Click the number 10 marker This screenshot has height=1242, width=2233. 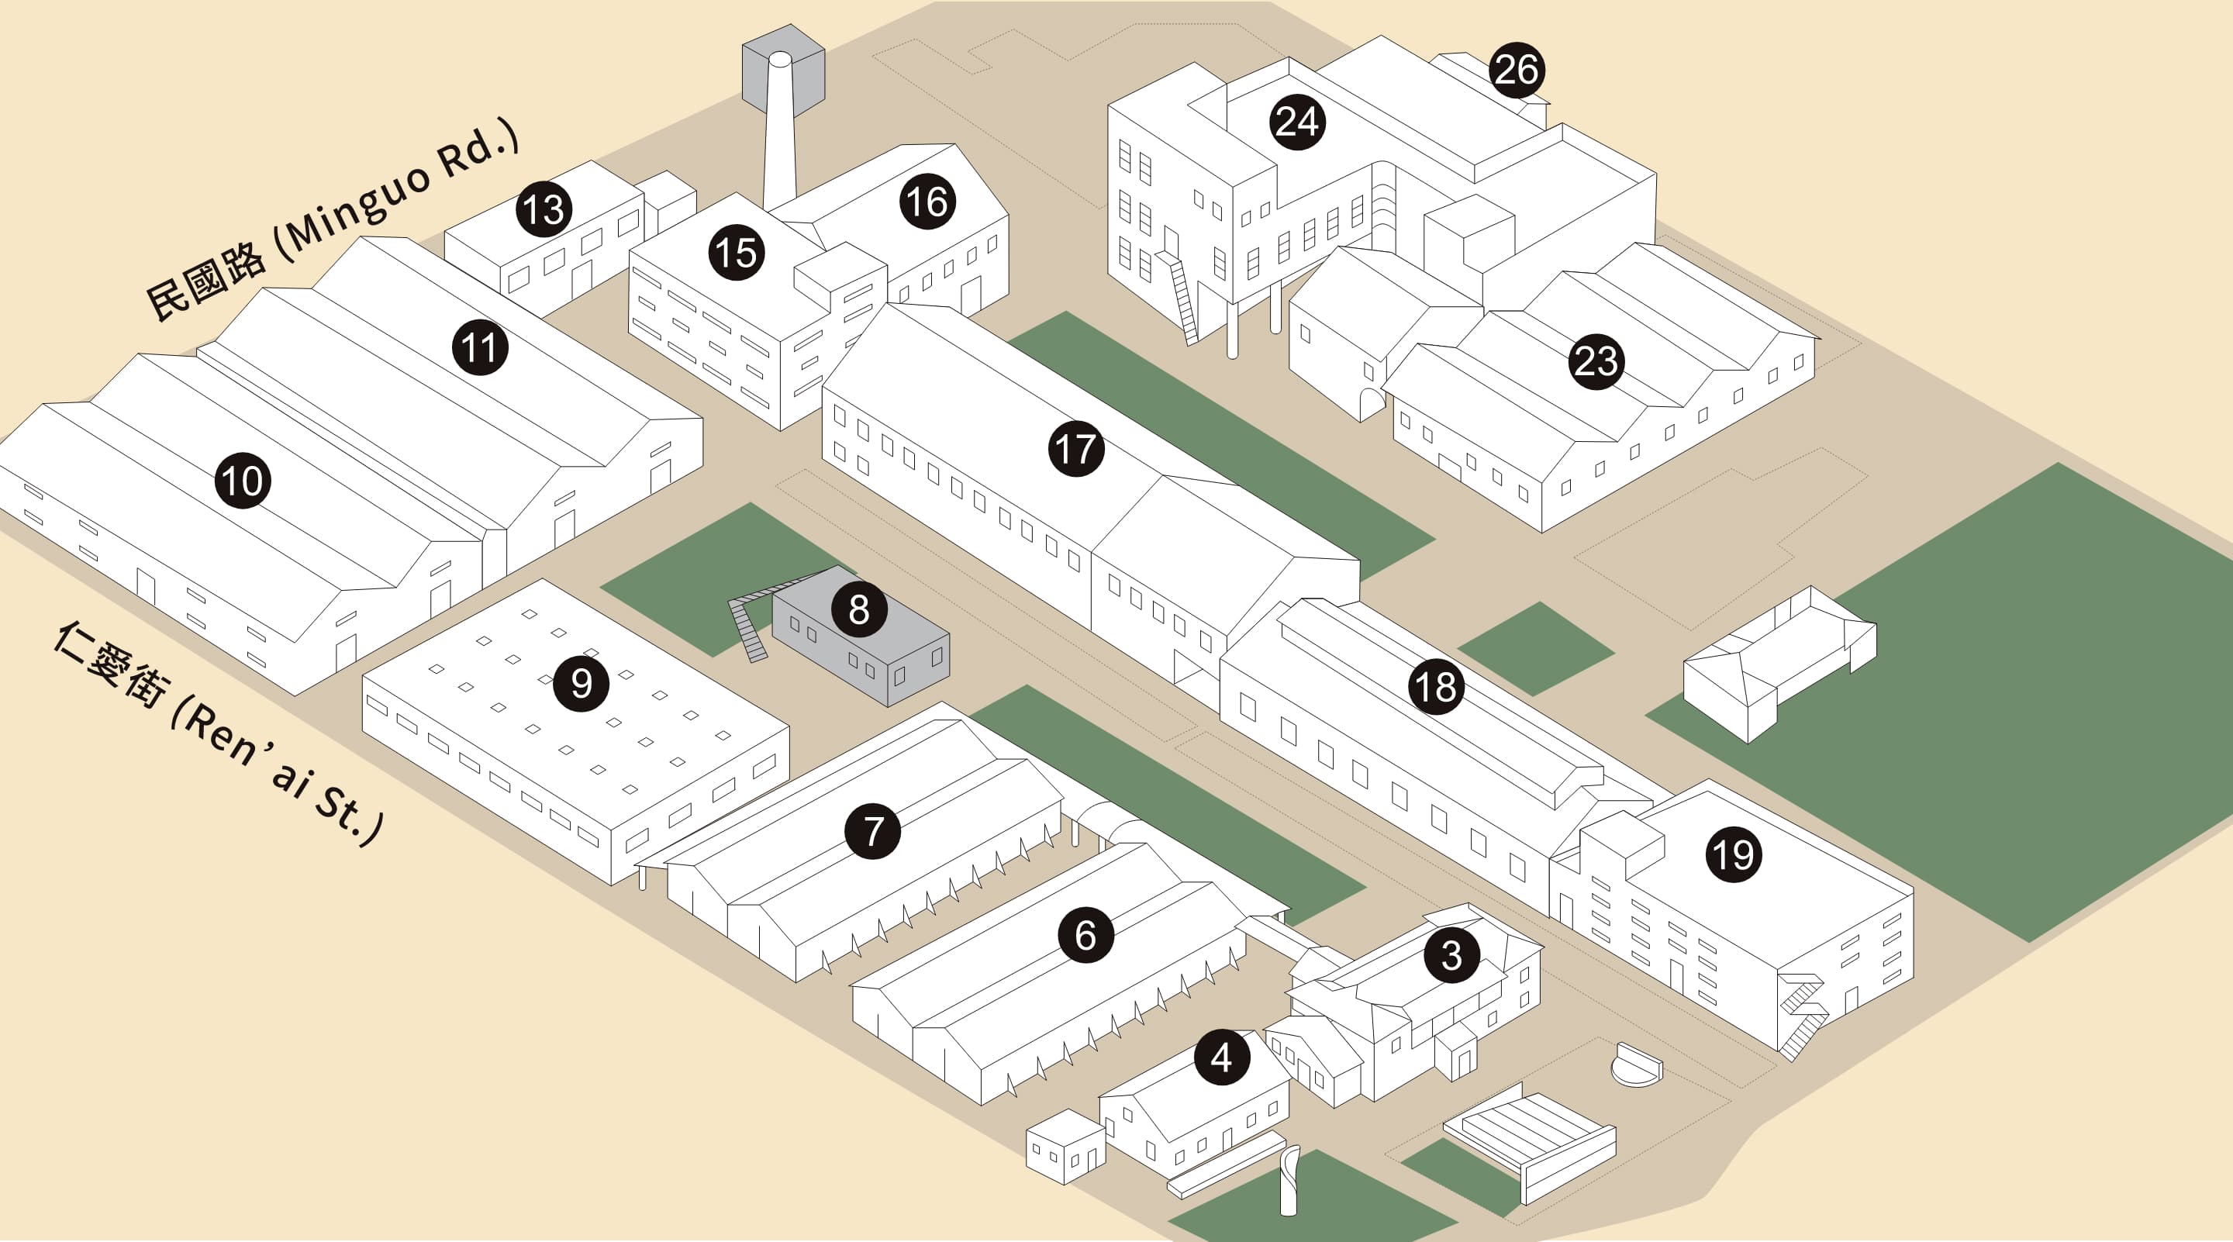243,481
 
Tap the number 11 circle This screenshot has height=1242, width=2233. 479,347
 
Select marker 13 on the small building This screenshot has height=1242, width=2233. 544,209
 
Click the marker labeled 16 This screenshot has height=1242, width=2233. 927,202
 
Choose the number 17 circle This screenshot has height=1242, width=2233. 1075,449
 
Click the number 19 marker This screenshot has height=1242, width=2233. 1734,854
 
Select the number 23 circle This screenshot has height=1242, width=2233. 1596,361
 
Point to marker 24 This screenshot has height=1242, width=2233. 1297,122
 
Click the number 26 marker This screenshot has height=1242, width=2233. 1516,69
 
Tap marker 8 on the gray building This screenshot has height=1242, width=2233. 858,609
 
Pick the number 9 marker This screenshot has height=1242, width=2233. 581,684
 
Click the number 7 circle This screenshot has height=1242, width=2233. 873,830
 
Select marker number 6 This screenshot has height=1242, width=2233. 1085,935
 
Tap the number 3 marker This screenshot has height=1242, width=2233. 1452,955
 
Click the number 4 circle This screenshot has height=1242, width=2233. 1221,1057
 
